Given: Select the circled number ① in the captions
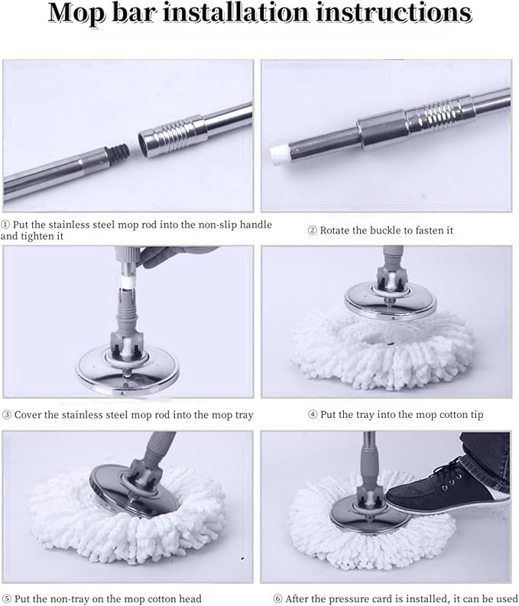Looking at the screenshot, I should coord(6,225).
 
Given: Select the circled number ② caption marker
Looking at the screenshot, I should coord(312,230).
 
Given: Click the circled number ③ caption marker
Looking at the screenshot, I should coord(6,415).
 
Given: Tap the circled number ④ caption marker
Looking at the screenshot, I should coord(312,415).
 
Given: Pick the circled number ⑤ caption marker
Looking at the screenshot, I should coord(6,598).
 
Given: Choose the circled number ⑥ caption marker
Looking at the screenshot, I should coord(278,598).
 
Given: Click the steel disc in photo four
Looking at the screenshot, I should coord(390,298).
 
